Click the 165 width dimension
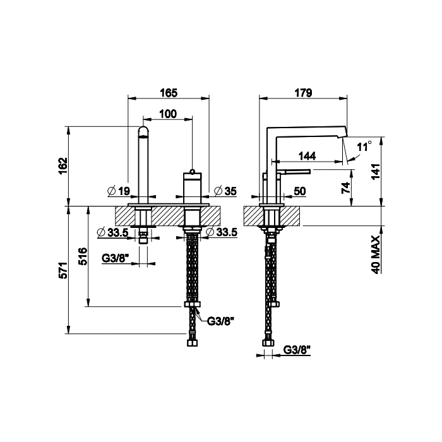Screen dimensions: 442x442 point(169,93)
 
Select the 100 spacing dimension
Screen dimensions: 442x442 point(168,114)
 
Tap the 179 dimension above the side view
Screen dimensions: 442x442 point(303,93)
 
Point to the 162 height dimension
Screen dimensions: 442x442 point(63,165)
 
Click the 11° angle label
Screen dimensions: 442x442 point(364,147)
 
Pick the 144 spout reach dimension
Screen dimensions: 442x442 point(308,156)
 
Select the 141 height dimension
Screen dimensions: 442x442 point(376,172)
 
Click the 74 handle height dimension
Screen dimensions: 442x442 point(346,188)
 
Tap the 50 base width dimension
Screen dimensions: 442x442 point(300,191)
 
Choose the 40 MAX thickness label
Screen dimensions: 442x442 point(376,254)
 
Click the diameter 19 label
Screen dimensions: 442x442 point(119,191)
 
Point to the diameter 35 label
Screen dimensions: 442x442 point(225,191)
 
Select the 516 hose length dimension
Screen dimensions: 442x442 point(83,256)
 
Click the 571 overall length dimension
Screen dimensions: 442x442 point(63,270)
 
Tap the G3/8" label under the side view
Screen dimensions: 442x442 point(297,350)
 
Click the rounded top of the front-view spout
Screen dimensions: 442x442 point(144,131)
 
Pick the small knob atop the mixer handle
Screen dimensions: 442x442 point(193,171)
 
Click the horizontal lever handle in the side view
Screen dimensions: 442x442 point(297,171)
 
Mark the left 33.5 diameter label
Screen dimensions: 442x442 point(112,232)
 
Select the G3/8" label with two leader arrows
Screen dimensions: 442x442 point(221,321)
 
